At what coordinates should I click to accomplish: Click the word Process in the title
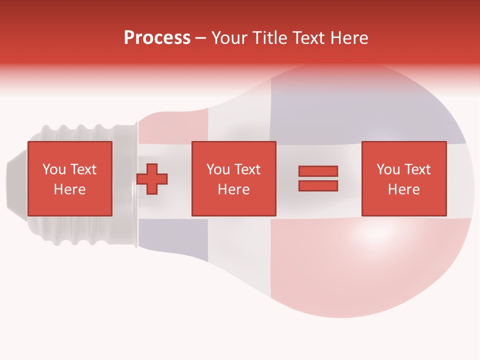(x=157, y=38)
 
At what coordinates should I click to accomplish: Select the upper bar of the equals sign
(x=318, y=171)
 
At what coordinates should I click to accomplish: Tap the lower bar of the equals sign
(x=318, y=185)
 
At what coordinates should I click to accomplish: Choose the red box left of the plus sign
(x=69, y=178)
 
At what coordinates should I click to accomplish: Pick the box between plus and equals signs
(x=233, y=178)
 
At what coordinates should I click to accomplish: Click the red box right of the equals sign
(x=403, y=178)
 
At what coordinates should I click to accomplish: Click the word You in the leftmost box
(x=53, y=169)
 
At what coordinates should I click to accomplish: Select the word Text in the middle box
(x=247, y=169)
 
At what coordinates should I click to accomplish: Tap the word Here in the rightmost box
(x=403, y=189)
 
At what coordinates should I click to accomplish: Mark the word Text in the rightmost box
(x=417, y=169)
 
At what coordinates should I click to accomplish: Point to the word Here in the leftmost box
(x=69, y=189)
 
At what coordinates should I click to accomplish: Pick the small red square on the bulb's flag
(x=172, y=127)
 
